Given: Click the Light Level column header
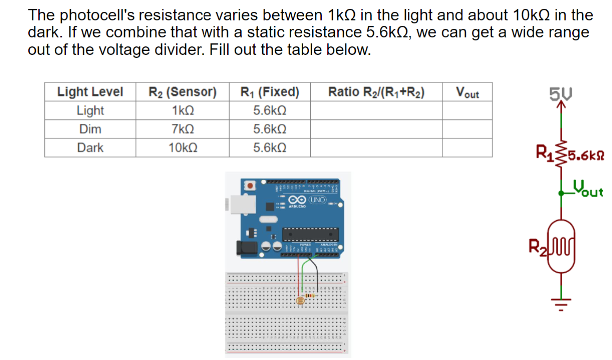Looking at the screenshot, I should click(90, 92).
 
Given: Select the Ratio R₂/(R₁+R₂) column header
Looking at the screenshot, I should click(376, 92).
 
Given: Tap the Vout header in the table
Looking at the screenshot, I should click(467, 92).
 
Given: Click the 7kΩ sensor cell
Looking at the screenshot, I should click(182, 129).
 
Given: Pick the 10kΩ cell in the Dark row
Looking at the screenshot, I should click(182, 148).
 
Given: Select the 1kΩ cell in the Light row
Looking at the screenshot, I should click(182, 110).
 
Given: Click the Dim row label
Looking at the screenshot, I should click(90, 129).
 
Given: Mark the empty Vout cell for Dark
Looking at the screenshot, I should click(467, 148).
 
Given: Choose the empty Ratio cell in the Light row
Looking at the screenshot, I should click(376, 110).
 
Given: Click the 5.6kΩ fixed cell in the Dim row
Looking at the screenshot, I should click(270, 129).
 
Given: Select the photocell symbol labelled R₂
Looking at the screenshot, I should click(562, 246).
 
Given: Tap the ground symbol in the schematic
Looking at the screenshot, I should click(561, 300).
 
